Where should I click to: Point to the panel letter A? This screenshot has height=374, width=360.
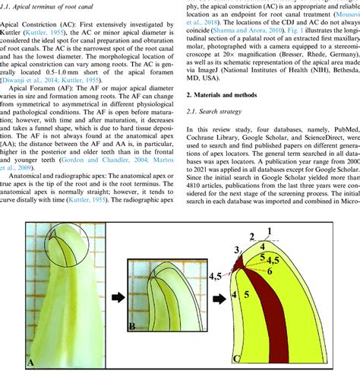pos(32,363)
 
